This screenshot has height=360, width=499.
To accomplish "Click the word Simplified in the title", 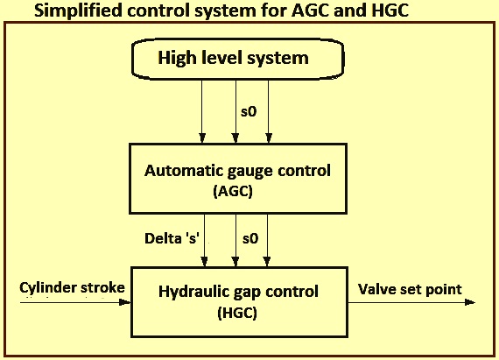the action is point(78,11).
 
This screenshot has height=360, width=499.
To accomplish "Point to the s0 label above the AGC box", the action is point(249,112).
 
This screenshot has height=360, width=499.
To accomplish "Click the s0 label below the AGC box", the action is point(250,238).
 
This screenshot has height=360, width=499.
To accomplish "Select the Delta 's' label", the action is point(172,238).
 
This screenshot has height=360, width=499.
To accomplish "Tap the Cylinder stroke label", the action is point(72,288).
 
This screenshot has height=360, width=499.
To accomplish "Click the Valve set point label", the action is point(410,289).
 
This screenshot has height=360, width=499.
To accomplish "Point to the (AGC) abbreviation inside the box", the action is point(233,191).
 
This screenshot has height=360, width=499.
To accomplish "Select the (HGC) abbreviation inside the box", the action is point(237,313).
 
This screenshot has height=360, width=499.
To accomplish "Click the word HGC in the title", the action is point(390,11).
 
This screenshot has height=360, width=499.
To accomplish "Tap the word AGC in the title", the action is point(310,11).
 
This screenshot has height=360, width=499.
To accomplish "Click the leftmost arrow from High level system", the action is point(201,111).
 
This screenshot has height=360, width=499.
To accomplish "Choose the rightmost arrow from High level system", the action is point(269,111).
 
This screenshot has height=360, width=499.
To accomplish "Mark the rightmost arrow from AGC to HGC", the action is point(267,240).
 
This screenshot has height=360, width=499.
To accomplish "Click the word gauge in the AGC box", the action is point(251,172).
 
